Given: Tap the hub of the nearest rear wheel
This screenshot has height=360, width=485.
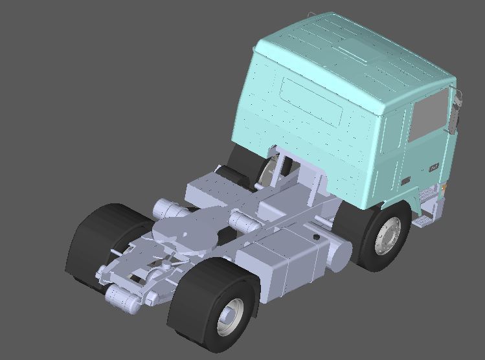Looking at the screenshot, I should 229,317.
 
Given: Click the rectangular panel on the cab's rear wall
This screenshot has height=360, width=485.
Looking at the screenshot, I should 312,102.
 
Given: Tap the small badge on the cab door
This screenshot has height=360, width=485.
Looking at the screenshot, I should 433,167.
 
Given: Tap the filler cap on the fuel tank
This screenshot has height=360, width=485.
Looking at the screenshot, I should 317,238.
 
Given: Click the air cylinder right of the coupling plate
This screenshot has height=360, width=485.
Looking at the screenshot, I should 245,223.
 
